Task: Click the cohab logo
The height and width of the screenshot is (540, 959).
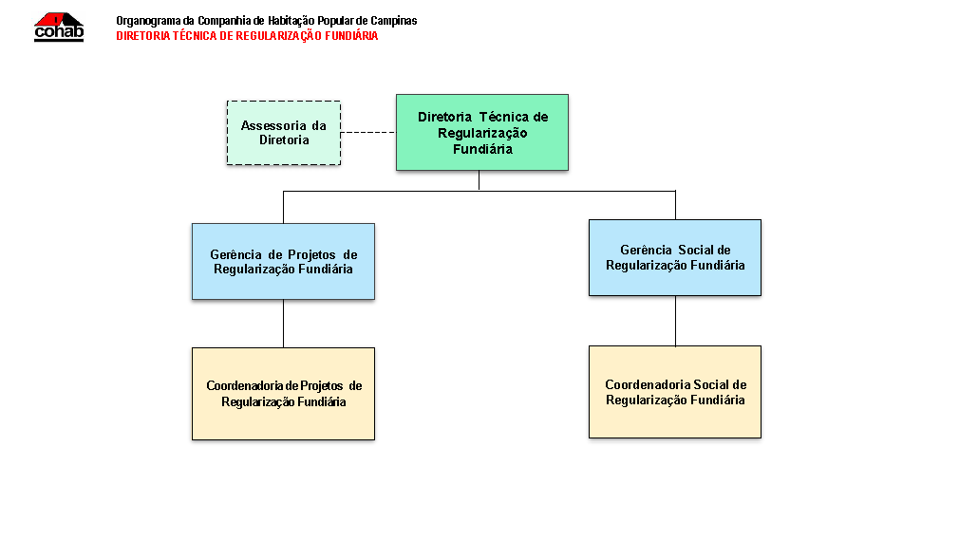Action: [59, 27]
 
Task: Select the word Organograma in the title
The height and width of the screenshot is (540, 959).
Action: [149, 21]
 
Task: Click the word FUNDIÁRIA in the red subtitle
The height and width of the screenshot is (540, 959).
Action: [351, 36]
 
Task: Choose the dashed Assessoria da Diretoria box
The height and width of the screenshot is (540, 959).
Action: [284, 133]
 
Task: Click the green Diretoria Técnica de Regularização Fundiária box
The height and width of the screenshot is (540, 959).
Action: [482, 132]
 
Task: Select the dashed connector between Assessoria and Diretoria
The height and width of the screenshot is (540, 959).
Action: [368, 132]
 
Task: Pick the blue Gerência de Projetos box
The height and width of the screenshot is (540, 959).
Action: [283, 261]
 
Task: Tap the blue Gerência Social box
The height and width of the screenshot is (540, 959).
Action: [675, 257]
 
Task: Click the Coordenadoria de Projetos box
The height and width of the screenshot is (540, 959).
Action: [283, 394]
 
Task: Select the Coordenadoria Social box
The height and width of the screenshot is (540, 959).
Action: [675, 392]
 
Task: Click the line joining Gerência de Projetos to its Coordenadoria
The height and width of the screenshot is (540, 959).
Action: [283, 324]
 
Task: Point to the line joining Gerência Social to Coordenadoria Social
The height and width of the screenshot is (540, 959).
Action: [675, 321]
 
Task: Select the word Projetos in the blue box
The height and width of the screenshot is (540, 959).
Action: [312, 255]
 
